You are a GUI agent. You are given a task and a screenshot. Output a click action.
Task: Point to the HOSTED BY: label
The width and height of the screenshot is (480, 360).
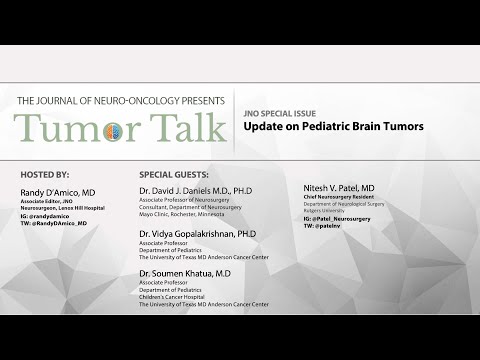[x=44, y=174]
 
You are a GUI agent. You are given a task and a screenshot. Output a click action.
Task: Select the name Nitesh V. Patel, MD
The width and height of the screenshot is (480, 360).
[x=339, y=188]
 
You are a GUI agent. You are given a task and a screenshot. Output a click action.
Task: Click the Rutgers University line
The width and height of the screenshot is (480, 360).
[x=326, y=211]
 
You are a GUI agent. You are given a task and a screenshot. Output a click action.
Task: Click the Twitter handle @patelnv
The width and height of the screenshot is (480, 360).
[x=330, y=226]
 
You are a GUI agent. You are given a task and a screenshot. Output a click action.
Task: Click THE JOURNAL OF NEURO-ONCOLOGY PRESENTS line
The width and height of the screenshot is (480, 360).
[x=115, y=100]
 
